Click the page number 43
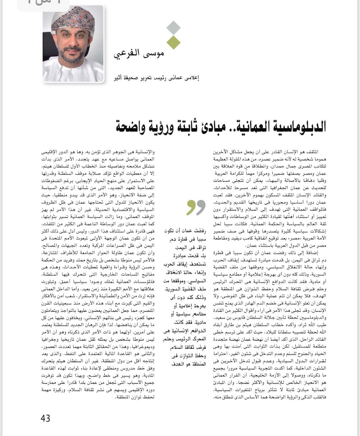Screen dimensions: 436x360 (x=45, y=418)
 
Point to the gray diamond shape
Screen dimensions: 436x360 (x=173, y=28)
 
